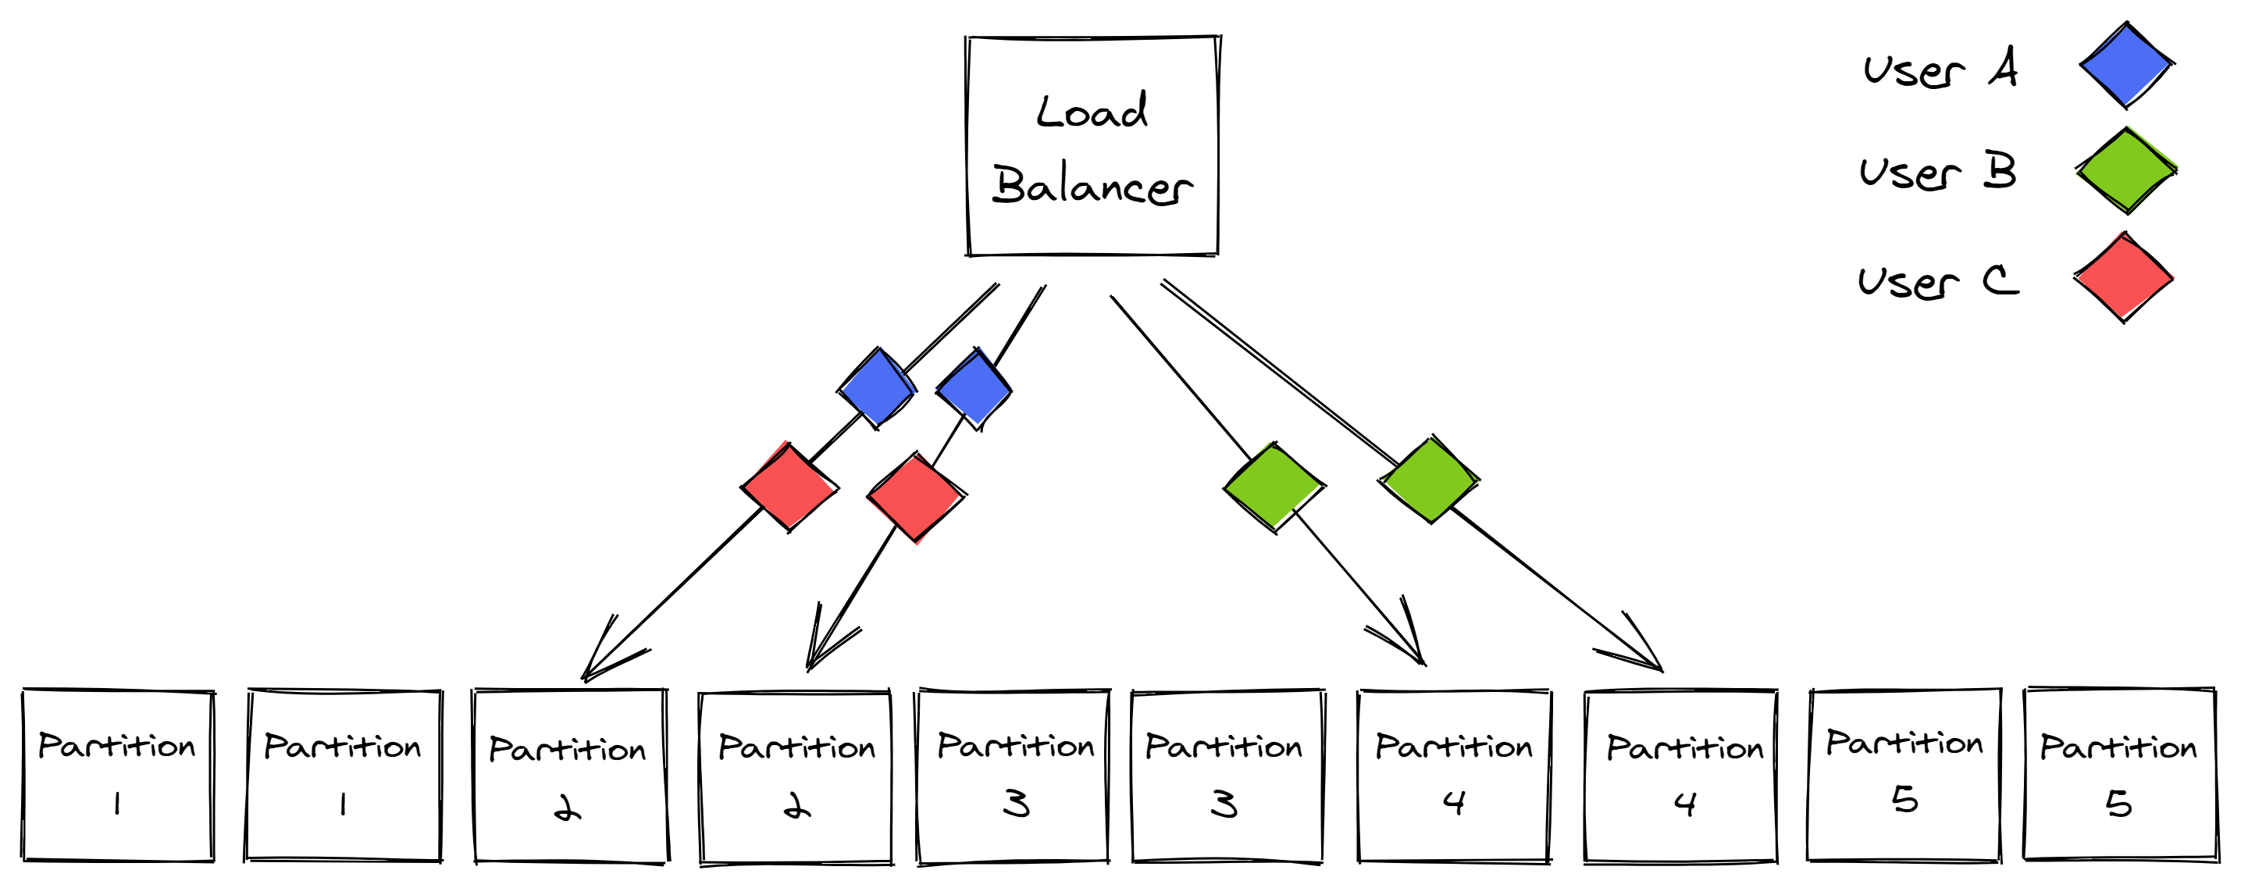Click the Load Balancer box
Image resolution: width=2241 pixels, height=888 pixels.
tap(1092, 146)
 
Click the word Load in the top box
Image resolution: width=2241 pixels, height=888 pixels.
tap(1092, 112)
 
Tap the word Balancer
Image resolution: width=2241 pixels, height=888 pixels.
tap(1092, 185)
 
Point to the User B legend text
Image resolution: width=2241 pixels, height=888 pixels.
tap(1937, 172)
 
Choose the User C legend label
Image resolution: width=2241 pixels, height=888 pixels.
tap(1937, 281)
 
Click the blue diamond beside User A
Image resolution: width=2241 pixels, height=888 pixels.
tap(2125, 66)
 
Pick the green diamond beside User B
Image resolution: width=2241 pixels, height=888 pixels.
tap(2126, 170)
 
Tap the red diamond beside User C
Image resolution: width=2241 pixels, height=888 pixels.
tap(2124, 277)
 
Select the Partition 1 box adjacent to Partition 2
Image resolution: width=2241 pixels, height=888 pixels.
tap(344, 775)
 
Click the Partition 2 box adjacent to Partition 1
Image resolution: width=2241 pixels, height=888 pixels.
tap(570, 776)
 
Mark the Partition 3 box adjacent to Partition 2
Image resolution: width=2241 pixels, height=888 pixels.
tap(1014, 776)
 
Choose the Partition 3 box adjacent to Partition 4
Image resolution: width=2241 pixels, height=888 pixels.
tap(1227, 776)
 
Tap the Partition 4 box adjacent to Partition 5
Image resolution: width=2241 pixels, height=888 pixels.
tap(1680, 776)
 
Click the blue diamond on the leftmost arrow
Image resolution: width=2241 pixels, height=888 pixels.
tap(877, 388)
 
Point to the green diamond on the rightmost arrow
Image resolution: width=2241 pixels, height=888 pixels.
tap(1430, 480)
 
